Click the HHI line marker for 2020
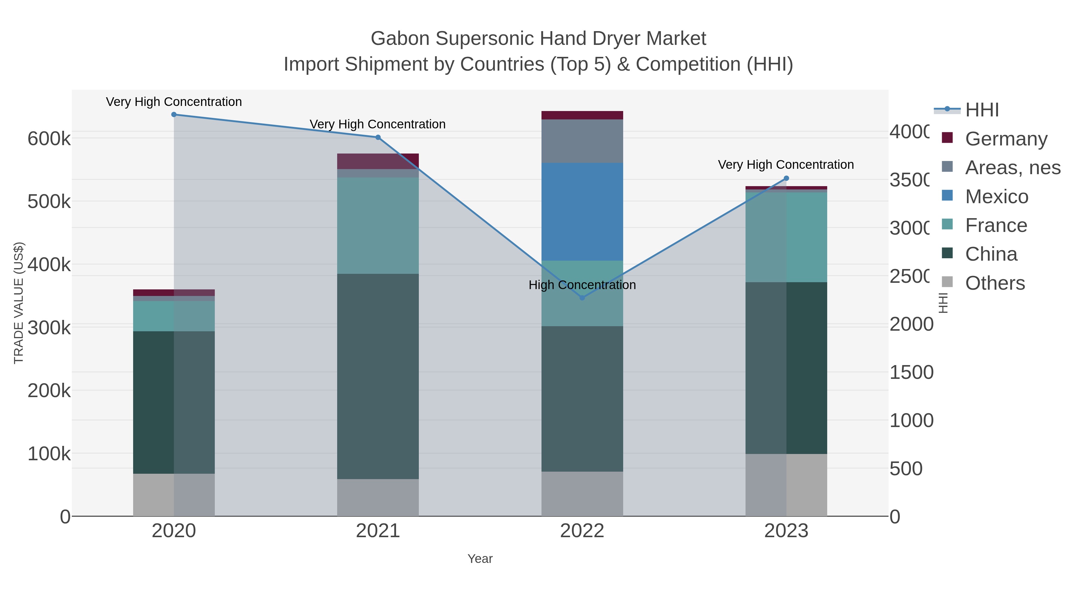[x=174, y=115]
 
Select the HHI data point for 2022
[x=582, y=298]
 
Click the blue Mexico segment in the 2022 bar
[x=582, y=212]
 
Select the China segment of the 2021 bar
[x=378, y=376]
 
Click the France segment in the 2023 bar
[x=786, y=237]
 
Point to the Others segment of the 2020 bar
[x=174, y=495]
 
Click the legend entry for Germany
[x=1005, y=139]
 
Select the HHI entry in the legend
[x=982, y=110]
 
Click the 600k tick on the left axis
[x=49, y=139]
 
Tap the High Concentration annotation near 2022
[x=582, y=285]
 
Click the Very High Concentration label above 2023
[x=786, y=165]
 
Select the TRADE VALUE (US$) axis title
[x=19, y=303]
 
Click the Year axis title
[x=480, y=559]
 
